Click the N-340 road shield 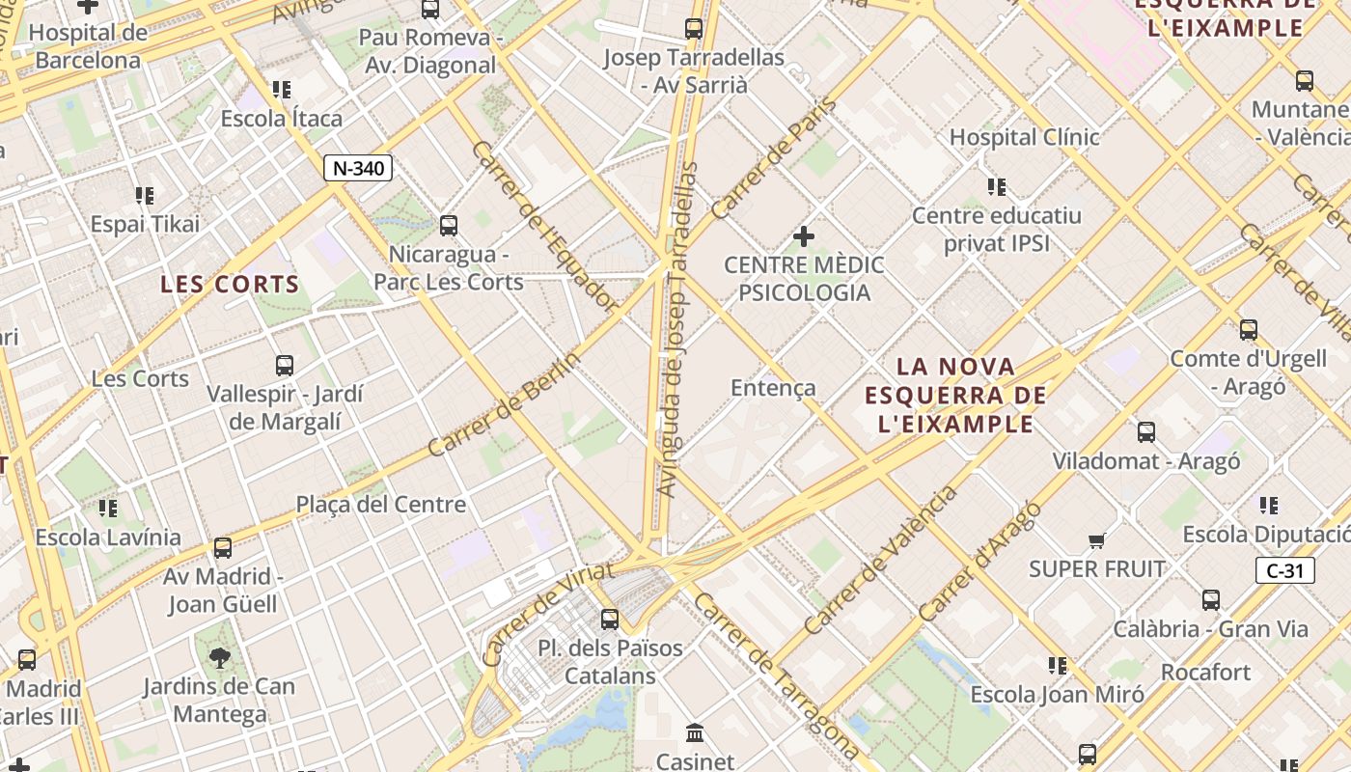357,168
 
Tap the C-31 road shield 1284,570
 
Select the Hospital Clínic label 1024,137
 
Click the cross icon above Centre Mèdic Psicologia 803,235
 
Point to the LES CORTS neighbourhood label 230,284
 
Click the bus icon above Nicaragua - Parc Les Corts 449,226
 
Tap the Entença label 773,388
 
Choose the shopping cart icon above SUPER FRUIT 1096,540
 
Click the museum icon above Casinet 695,732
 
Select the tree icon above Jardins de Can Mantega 219,658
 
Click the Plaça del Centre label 380,504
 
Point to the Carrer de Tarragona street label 775,676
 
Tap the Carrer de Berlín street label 505,404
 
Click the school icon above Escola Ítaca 282,90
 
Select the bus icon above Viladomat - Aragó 1145,432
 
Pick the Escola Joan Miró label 1057,694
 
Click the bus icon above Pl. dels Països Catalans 610,619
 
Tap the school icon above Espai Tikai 145,196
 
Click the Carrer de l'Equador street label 545,228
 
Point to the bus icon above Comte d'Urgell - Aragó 1249,330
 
